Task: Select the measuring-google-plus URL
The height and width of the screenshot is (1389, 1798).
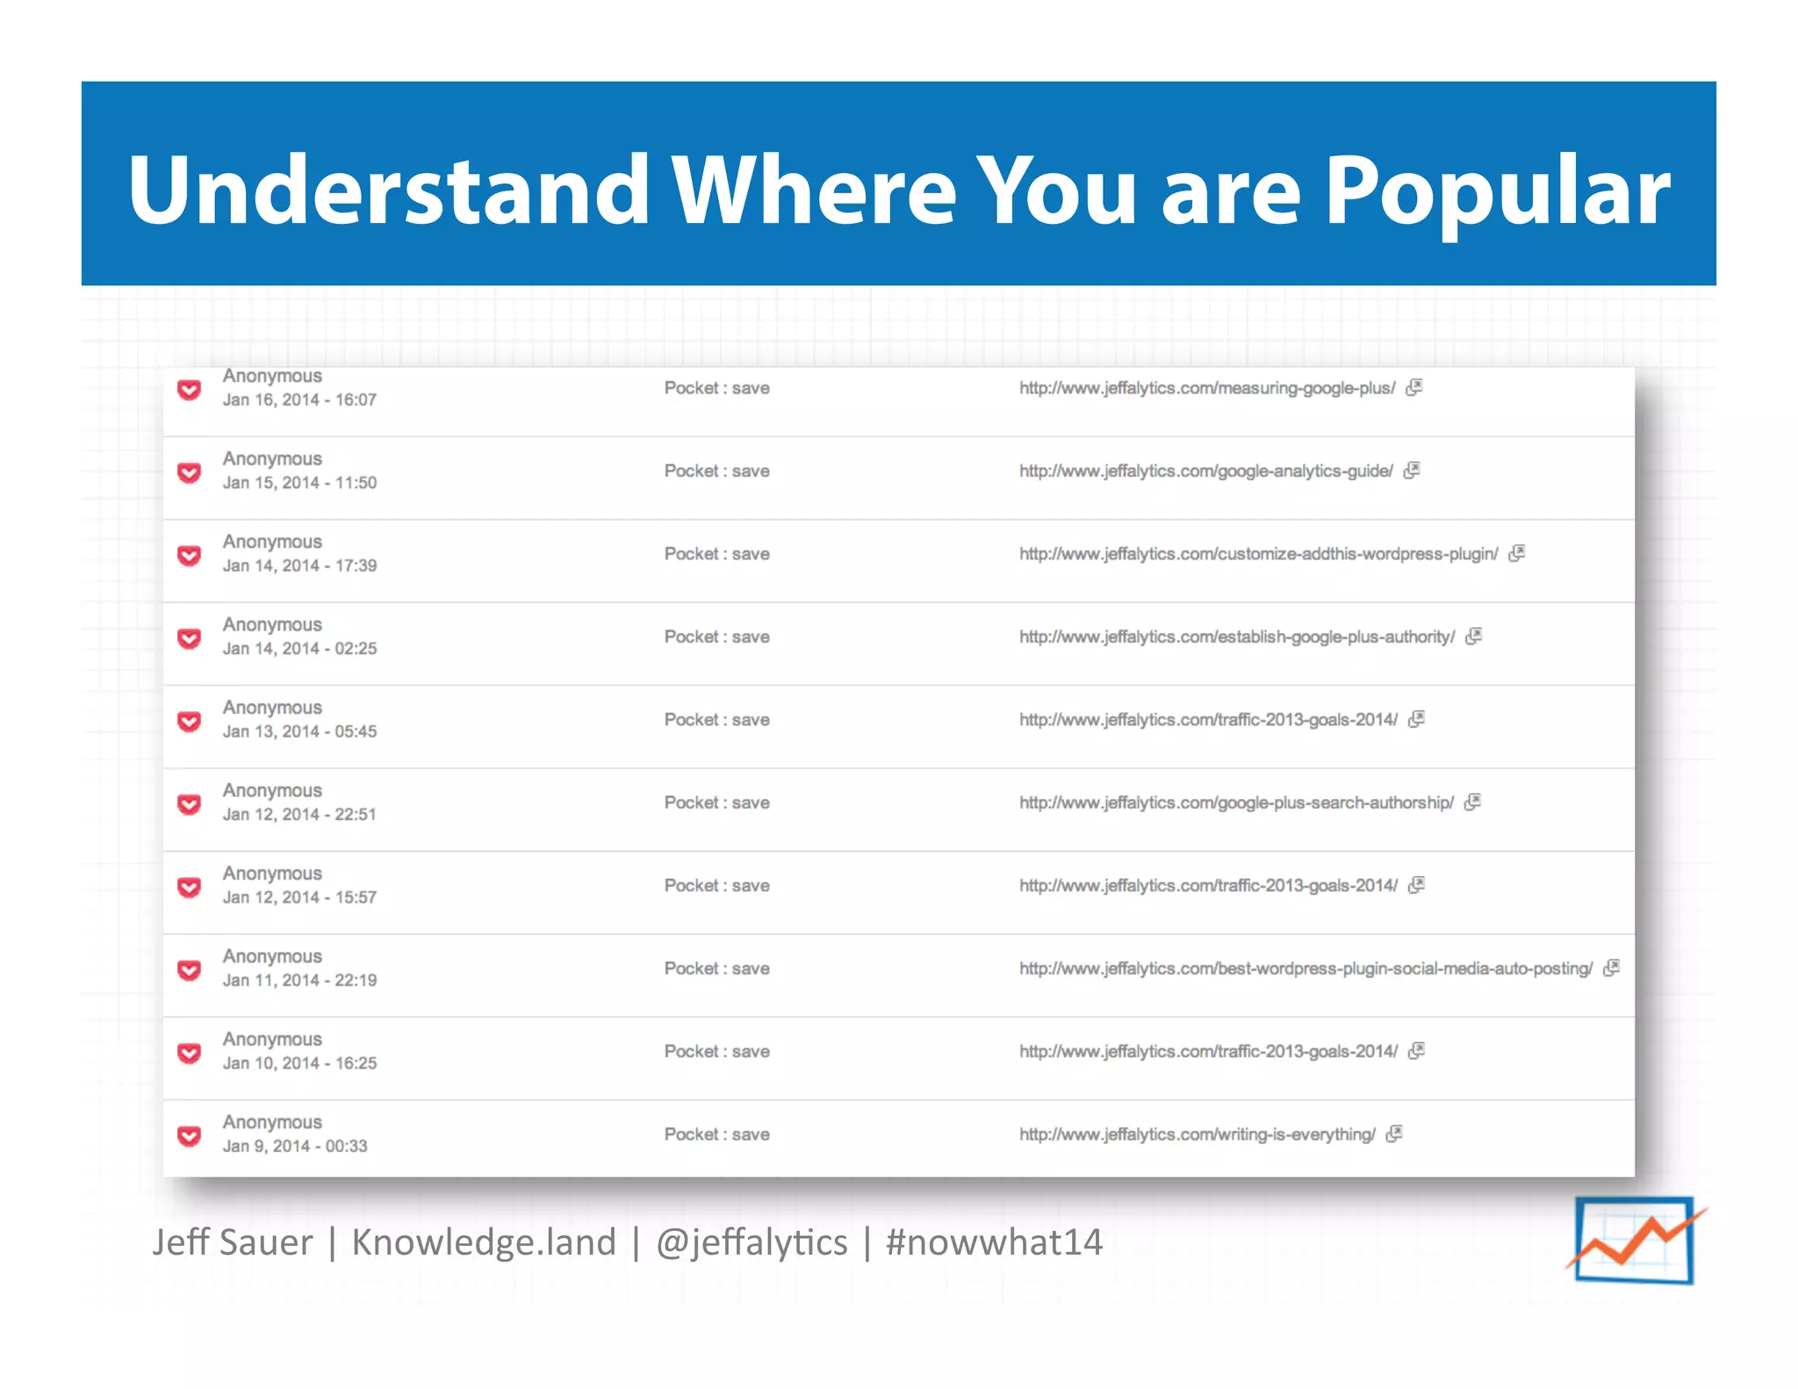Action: [1206, 388]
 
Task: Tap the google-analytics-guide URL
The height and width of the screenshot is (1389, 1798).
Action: [1205, 471]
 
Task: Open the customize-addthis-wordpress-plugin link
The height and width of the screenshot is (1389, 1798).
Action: [1258, 554]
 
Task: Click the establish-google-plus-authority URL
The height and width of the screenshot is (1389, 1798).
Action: [1236, 637]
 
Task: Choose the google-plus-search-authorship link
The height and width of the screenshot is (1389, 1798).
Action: [1235, 803]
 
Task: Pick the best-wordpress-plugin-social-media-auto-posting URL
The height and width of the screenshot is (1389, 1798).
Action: [1305, 969]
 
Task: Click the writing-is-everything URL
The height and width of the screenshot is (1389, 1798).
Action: [1197, 1135]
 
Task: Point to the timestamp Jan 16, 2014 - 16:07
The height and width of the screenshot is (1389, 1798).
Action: [299, 400]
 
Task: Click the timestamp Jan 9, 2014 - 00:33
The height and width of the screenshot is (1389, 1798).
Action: [295, 1147]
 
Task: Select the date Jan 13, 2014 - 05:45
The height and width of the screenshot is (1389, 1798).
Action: [299, 732]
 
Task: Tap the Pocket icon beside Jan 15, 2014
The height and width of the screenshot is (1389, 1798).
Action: [190, 473]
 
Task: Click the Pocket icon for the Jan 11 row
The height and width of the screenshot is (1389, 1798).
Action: [190, 970]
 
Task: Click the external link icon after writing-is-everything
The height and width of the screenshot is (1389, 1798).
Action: [1394, 1134]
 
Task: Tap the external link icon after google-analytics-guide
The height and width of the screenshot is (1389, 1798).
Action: [1412, 471]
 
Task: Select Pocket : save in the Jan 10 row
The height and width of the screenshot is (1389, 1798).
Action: [716, 1052]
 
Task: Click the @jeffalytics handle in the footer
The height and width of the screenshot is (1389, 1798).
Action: [752, 1242]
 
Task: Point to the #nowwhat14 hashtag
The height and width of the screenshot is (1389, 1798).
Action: [994, 1242]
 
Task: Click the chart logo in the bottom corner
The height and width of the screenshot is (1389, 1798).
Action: [1635, 1240]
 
